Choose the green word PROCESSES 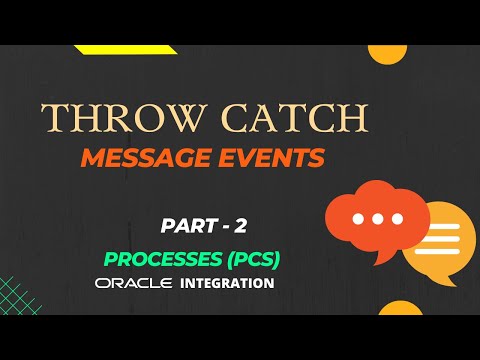point(159,258)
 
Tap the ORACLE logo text point(135,284)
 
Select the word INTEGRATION point(228,284)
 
